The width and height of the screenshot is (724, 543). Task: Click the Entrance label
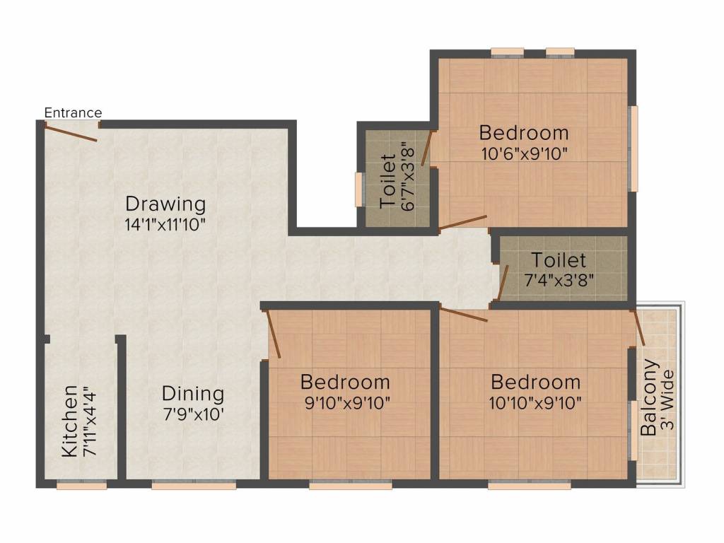click(73, 112)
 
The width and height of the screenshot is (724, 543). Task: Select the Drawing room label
click(165, 204)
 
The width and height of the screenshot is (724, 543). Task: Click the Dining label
click(193, 394)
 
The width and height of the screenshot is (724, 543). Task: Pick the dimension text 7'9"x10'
click(193, 414)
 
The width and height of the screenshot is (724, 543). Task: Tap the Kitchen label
click(69, 421)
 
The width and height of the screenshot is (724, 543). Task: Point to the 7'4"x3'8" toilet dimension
click(559, 279)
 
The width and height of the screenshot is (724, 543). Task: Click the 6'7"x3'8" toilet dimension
click(407, 177)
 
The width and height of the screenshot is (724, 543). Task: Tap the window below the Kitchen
click(81, 485)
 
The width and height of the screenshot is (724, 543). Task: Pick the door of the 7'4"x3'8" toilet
click(503, 283)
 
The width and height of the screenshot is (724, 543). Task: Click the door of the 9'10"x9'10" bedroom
click(274, 334)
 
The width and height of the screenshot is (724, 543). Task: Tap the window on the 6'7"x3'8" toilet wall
click(358, 189)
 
